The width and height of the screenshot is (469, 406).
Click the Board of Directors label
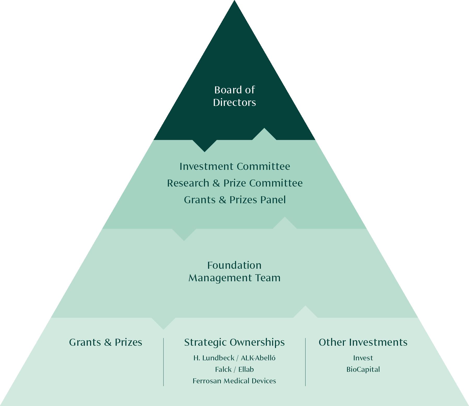tap(235, 96)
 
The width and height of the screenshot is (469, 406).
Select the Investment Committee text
tap(235, 166)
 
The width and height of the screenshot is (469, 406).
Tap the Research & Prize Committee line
tap(235, 183)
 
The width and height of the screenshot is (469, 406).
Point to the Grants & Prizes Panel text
tap(235, 200)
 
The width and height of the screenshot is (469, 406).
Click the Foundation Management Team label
tap(235, 271)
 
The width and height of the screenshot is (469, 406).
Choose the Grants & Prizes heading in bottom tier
tap(105, 342)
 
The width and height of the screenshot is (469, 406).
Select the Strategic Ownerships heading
tap(235, 342)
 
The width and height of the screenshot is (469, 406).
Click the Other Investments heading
tap(363, 342)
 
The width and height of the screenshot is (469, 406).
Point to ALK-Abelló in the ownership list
tap(258, 358)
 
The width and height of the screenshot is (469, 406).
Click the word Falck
tap(223, 369)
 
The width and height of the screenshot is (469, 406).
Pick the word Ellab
tap(246, 369)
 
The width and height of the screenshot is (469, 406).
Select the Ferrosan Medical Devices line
tap(235, 381)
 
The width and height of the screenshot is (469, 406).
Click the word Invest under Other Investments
tap(363, 358)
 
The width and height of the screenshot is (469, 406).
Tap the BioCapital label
tap(363, 369)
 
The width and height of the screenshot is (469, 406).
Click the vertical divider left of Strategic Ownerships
tap(163, 362)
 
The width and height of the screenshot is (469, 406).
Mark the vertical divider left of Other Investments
tap(305, 362)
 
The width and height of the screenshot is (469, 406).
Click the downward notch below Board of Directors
tap(204, 146)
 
